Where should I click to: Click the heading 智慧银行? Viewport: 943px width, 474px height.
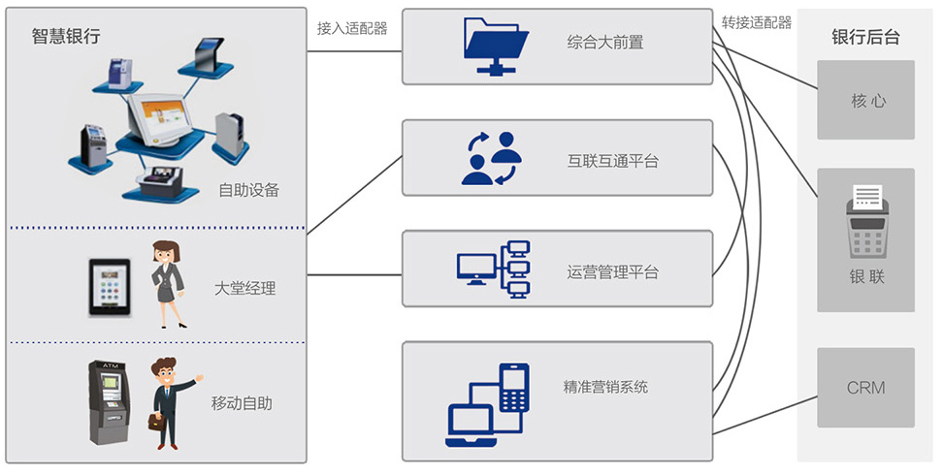click(65, 37)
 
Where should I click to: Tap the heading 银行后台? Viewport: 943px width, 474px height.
click(865, 37)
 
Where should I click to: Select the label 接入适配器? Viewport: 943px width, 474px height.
click(351, 28)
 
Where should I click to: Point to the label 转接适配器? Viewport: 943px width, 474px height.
click(756, 22)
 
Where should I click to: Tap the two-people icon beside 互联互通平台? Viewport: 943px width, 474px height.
click(491, 157)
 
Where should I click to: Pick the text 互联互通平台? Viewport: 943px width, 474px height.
click(612, 160)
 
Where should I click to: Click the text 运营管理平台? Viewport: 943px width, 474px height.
click(612, 272)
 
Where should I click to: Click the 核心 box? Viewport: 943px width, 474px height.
click(866, 100)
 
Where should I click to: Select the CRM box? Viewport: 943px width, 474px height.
click(865, 388)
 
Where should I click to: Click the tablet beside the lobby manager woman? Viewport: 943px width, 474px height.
click(109, 287)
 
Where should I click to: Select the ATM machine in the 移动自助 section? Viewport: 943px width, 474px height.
click(109, 400)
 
